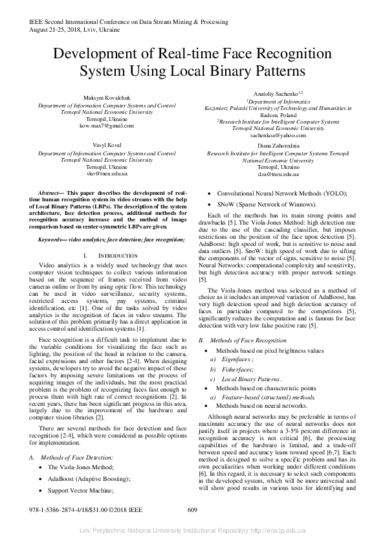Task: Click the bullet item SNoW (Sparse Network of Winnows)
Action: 268,204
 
